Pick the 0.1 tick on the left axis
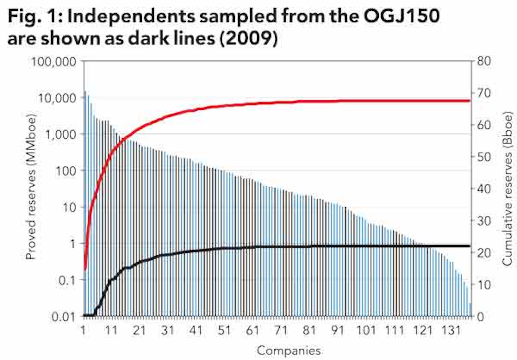tap(68, 280)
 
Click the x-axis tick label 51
tap(224, 330)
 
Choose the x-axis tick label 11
tap(111, 330)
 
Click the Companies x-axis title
tap(289, 350)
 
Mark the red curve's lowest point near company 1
tap(85, 269)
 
